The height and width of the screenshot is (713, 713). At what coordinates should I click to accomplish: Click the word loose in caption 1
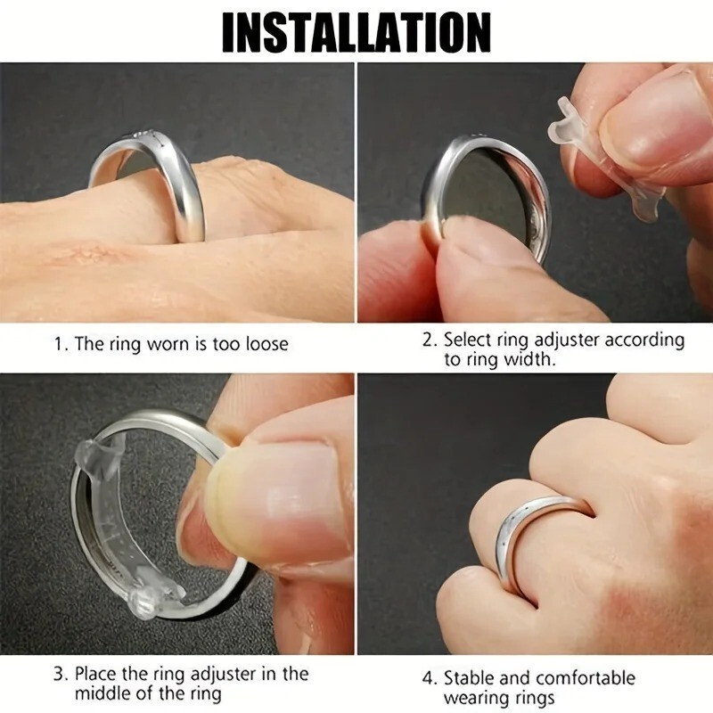click(x=265, y=343)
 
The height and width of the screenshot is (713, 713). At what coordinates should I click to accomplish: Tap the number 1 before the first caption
click(x=57, y=343)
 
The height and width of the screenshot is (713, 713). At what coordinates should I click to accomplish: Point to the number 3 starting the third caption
click(x=57, y=674)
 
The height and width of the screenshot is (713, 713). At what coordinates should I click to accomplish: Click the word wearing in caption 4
click(x=478, y=699)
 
